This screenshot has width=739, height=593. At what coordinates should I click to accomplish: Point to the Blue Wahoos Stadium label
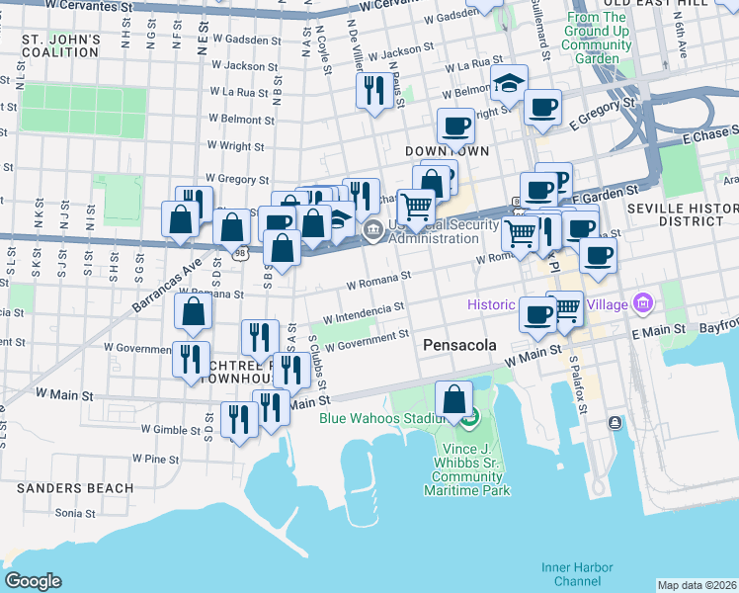tap(386, 417)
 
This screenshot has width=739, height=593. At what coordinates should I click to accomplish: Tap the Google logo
tap(33, 581)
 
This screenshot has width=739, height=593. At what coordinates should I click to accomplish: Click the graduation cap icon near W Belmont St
tap(509, 84)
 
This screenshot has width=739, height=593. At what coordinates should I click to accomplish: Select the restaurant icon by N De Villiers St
tap(373, 92)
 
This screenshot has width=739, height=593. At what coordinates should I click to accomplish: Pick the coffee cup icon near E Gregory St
tap(541, 107)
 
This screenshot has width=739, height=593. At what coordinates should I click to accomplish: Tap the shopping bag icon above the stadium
tap(453, 399)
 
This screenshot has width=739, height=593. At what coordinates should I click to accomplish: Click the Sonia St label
tap(75, 513)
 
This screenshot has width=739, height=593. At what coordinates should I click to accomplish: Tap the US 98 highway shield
tap(240, 254)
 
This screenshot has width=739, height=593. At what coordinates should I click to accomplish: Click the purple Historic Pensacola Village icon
tap(643, 302)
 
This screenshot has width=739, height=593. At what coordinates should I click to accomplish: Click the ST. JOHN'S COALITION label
tap(61, 46)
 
